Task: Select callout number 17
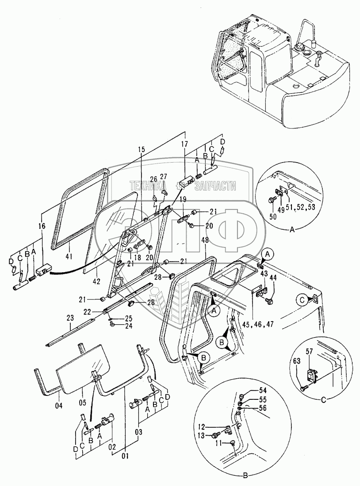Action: pos(184,144)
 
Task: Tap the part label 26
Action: pos(153,179)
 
